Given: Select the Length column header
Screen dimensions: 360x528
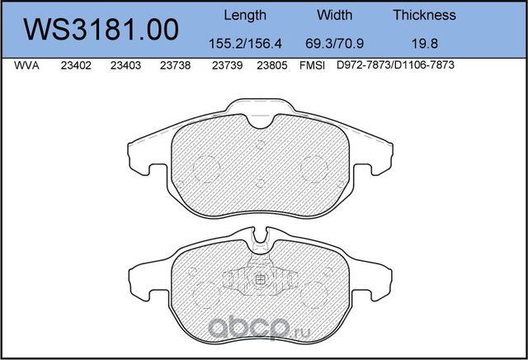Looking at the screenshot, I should [x=245, y=15].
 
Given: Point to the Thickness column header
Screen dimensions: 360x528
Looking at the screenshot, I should [x=425, y=15].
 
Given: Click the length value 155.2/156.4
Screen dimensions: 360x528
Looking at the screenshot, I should [x=245, y=44].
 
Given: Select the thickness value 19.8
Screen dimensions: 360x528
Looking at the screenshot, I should [x=425, y=44].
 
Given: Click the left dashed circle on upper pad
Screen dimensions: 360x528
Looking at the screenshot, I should [x=205, y=168].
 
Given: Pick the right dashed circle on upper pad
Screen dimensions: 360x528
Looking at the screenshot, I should [x=315, y=168].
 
